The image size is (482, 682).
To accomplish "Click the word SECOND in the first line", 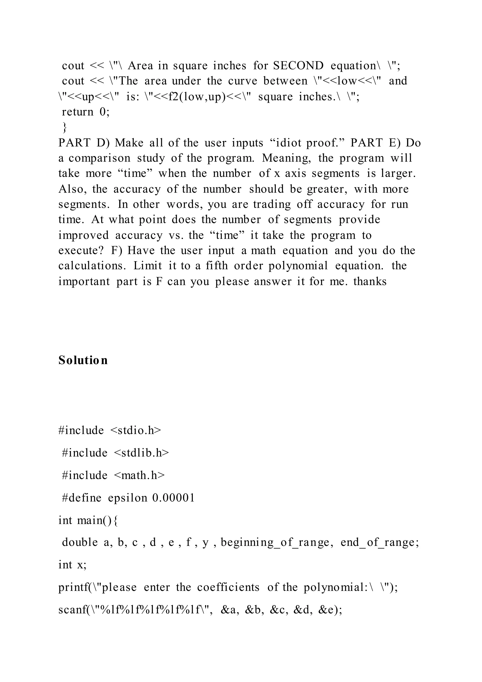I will tap(298, 66).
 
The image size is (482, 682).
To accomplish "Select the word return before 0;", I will tap(77, 112).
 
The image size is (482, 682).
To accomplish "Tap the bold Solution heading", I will tap(83, 360).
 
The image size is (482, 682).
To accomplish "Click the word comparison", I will tap(99, 158).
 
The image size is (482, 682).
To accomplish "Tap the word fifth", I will tap(217, 266).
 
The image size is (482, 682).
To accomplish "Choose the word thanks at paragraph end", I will tap(370, 281).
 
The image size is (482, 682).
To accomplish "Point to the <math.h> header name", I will tap(139, 475).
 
